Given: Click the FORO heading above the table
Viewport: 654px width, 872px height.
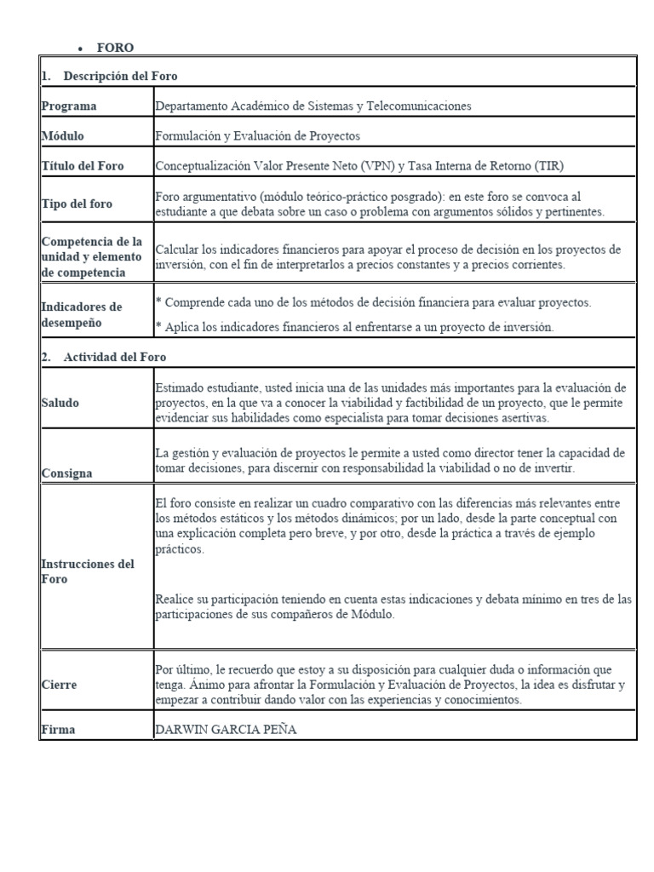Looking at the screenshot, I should click(115, 48).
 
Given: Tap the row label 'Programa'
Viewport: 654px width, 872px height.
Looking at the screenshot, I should click(69, 106).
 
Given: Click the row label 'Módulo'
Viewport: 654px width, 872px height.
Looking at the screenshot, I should click(62, 135).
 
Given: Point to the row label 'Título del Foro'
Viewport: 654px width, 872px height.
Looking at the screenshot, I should click(83, 166).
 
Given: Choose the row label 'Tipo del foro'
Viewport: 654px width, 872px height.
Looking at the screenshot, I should click(77, 204).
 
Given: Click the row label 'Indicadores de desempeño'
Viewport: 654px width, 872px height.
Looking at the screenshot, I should click(82, 314).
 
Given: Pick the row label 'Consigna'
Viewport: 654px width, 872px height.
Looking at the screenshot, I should click(66, 473).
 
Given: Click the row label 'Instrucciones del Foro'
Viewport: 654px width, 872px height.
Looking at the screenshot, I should click(89, 571).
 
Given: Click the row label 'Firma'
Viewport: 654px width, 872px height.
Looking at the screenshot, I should click(58, 730).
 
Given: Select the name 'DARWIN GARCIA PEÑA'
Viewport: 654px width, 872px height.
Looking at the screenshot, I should click(226, 730).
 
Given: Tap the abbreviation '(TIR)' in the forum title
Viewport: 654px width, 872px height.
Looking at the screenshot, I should click(545, 166).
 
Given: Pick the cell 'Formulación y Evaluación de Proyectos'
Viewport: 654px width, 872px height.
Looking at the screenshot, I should click(258, 135).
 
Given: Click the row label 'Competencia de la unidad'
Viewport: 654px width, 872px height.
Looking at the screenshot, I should click(91, 249).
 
